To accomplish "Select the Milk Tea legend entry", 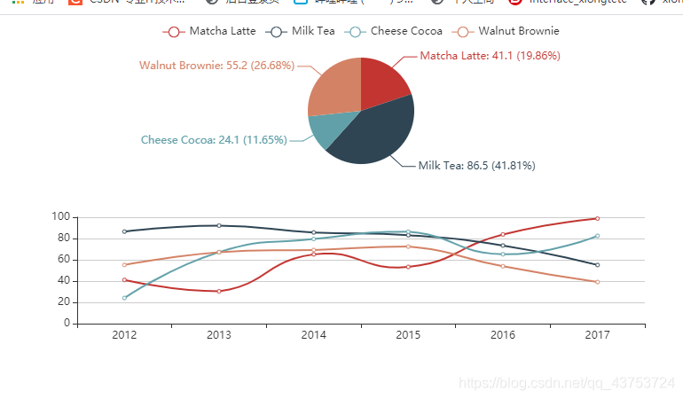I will (302, 31).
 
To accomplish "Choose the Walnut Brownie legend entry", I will (507, 31).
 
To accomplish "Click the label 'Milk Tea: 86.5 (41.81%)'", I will (476, 165).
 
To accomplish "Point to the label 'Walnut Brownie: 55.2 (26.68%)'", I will (216, 66).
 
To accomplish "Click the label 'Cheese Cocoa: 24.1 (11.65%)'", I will (214, 140).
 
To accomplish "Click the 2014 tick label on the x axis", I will (313, 335).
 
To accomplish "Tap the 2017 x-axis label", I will (597, 335).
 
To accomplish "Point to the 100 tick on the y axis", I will (61, 217).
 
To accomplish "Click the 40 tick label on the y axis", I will (64, 281).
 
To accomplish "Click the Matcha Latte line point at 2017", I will (597, 218).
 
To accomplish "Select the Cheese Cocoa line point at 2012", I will (124, 298).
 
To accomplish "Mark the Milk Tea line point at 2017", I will (597, 265).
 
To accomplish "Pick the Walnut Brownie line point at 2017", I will (597, 282).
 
